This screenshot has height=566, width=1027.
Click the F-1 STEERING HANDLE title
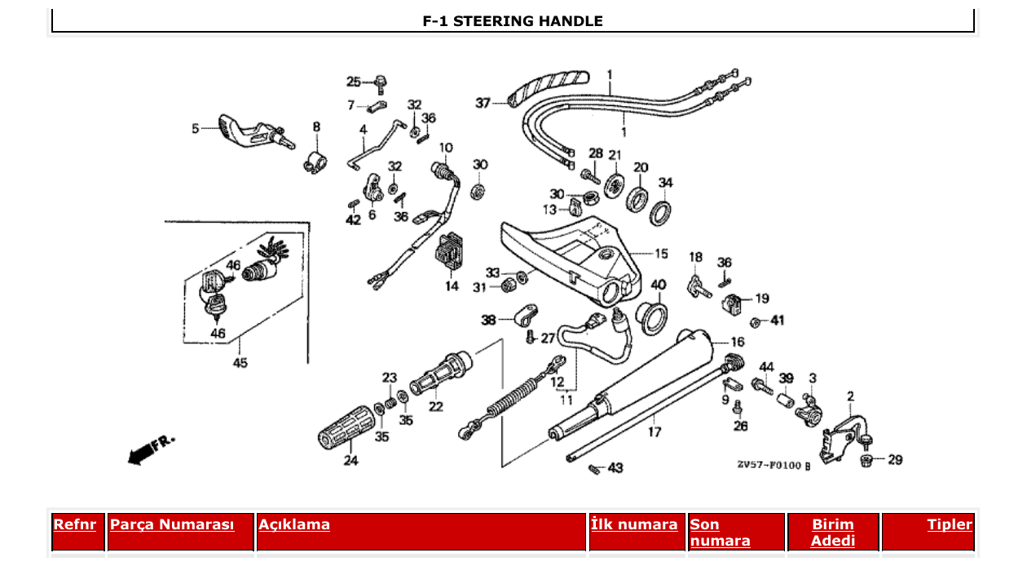click(513, 21)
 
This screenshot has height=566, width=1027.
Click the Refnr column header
click(74, 524)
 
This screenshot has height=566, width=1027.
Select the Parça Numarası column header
click(171, 524)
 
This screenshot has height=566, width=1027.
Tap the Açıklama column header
click(294, 524)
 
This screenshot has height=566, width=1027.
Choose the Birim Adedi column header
click(833, 533)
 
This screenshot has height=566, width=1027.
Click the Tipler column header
click(949, 524)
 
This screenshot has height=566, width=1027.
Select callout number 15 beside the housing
click(660, 254)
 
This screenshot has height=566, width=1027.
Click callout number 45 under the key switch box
click(240, 363)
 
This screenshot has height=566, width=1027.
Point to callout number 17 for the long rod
click(655, 432)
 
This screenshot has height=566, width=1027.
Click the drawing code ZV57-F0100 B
click(774, 465)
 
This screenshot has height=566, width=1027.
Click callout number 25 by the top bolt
click(353, 82)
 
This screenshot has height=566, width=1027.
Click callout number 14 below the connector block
click(452, 286)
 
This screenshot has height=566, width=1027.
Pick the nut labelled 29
click(867, 462)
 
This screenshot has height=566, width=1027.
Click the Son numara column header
click(720, 533)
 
